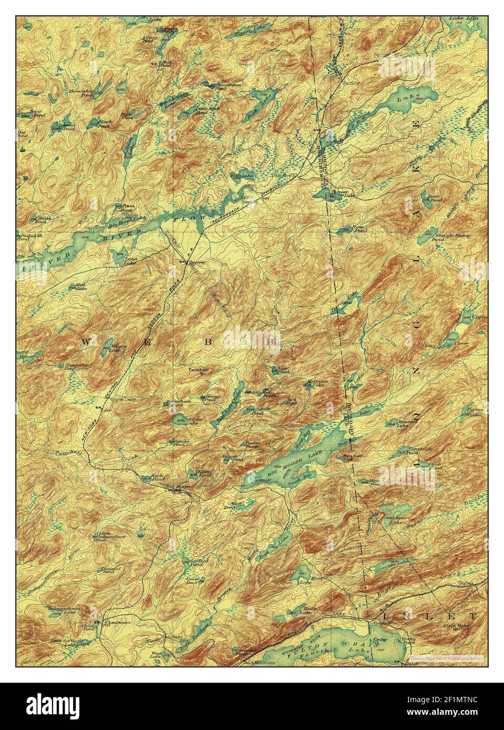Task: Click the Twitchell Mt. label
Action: click(199, 371)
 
